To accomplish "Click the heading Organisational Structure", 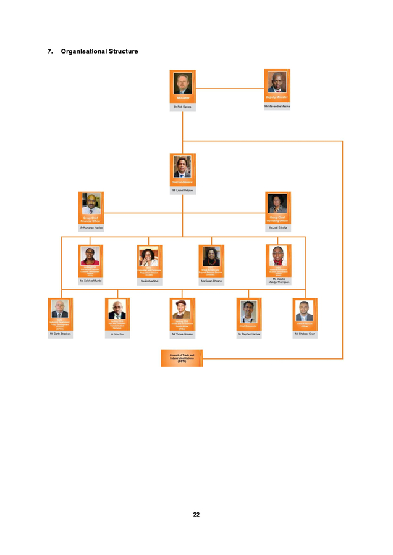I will [x=99, y=51].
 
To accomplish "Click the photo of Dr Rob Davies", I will [x=183, y=83].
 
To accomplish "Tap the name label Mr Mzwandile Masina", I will [x=277, y=106].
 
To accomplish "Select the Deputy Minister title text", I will [x=277, y=97].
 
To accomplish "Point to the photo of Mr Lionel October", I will [x=183, y=166].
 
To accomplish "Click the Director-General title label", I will [x=183, y=182].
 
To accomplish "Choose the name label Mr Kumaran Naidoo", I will [x=91, y=228].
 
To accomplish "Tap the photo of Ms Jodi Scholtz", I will [x=277, y=203].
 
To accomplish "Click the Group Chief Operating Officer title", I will [x=277, y=218].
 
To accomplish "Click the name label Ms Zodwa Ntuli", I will [x=150, y=281].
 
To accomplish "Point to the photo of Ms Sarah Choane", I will [x=211, y=256].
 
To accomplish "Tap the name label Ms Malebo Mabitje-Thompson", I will [x=277, y=281].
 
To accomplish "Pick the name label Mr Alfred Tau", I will [x=117, y=334].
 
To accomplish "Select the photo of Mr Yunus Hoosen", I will [x=182, y=309].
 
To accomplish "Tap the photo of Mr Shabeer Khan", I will [x=305, y=308].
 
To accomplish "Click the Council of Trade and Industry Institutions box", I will [x=181, y=358].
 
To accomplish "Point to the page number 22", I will [x=196, y=514].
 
